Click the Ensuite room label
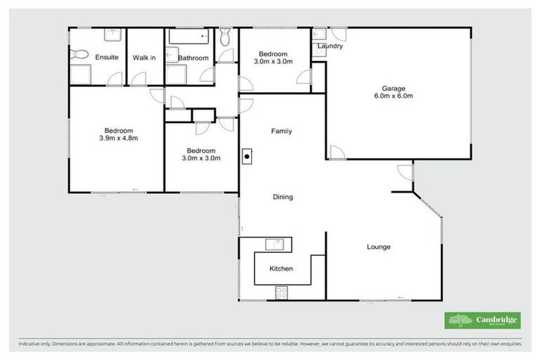106,57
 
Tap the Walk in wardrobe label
144,57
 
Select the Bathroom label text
193,58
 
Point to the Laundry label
330,46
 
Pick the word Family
281,131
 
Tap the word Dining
283,197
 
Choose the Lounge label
378,247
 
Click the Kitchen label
281,269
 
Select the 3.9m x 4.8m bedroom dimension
119,138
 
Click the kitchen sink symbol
275,244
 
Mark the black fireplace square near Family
246,157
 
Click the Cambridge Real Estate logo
483,321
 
